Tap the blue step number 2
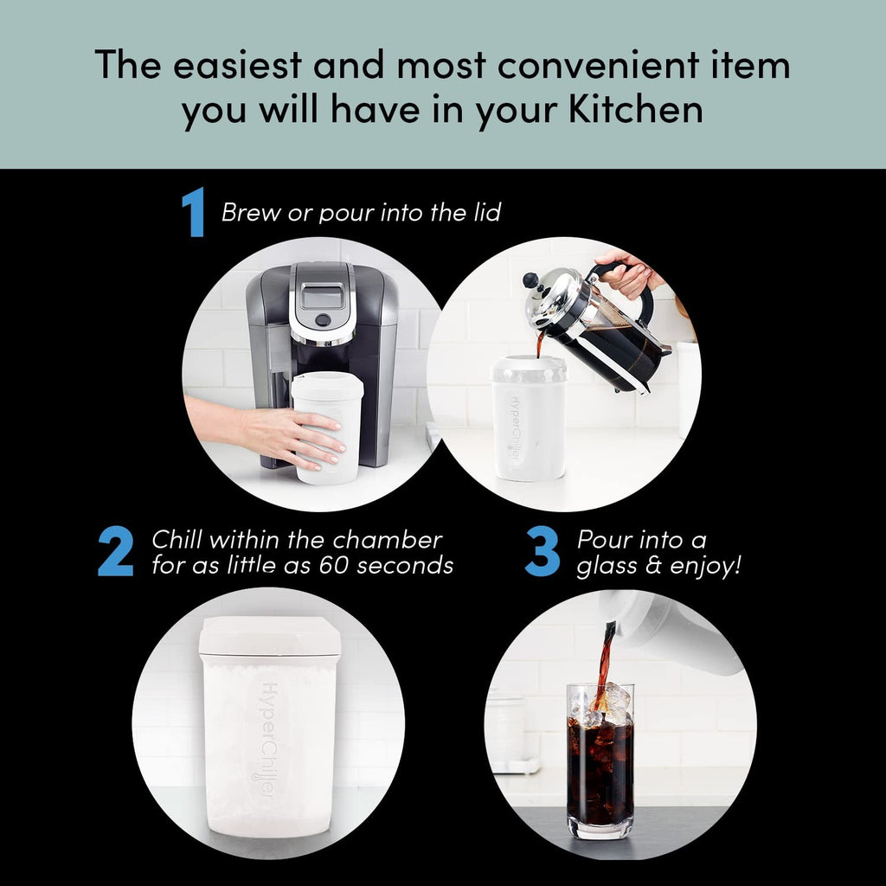pos(115,551)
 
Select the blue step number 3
pos(543,551)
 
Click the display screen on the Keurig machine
pos(322,297)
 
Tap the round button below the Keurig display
pos(322,320)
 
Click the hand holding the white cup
pos(286,437)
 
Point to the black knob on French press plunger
pos(530,281)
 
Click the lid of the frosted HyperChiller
pos(269,636)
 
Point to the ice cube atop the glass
pos(616,701)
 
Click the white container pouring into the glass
pos(684,632)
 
